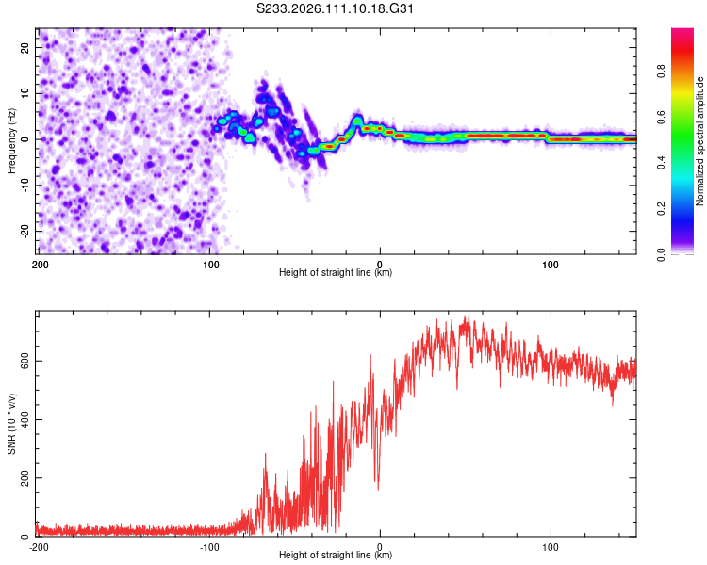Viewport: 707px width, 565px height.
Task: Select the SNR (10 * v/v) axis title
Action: click(x=11, y=424)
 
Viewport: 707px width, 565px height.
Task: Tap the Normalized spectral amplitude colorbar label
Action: click(x=700, y=141)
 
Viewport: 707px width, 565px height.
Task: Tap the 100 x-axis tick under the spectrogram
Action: click(x=551, y=264)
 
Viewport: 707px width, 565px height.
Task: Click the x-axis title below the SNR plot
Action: click(x=337, y=556)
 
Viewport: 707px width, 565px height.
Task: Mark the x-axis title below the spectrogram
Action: click(x=337, y=273)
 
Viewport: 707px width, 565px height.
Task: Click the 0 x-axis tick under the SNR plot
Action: click(x=380, y=546)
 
